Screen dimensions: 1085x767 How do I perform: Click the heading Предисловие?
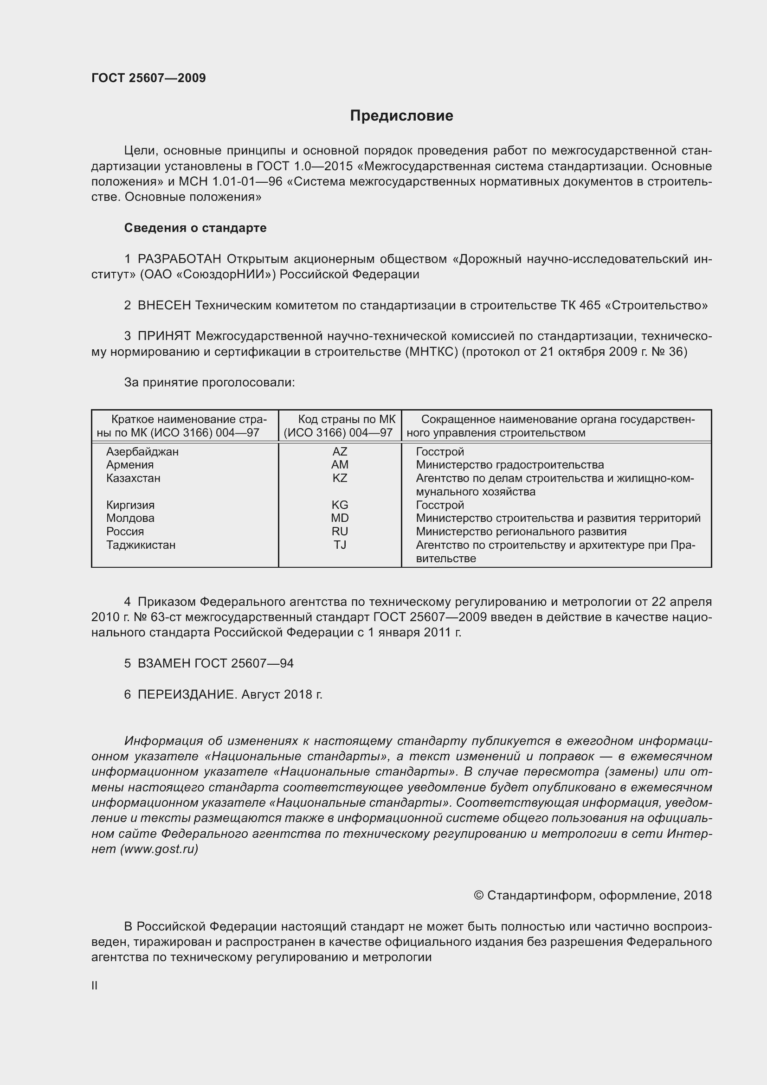tap(401, 116)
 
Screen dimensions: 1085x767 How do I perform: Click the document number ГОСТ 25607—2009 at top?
tap(148, 78)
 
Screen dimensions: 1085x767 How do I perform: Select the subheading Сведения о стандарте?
tap(195, 228)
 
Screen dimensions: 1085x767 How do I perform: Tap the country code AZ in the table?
tap(339, 451)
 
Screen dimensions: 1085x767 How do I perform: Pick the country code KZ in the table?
tap(339, 478)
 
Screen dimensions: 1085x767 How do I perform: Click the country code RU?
tap(339, 531)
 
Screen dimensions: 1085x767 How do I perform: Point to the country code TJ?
tap(339, 545)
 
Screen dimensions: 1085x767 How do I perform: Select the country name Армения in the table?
tap(129, 464)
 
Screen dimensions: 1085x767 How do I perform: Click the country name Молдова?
tap(130, 518)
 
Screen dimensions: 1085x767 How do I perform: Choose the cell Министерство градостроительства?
tap(509, 464)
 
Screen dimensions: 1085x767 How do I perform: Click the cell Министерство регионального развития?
tap(521, 531)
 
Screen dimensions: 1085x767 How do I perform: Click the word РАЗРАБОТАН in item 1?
tap(179, 259)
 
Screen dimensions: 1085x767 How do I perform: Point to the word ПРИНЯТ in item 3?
tap(164, 336)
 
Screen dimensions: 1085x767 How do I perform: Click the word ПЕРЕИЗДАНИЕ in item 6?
tap(186, 694)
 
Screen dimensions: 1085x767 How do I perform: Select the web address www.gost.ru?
tap(159, 849)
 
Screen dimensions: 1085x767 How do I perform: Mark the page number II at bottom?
tap(95, 985)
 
